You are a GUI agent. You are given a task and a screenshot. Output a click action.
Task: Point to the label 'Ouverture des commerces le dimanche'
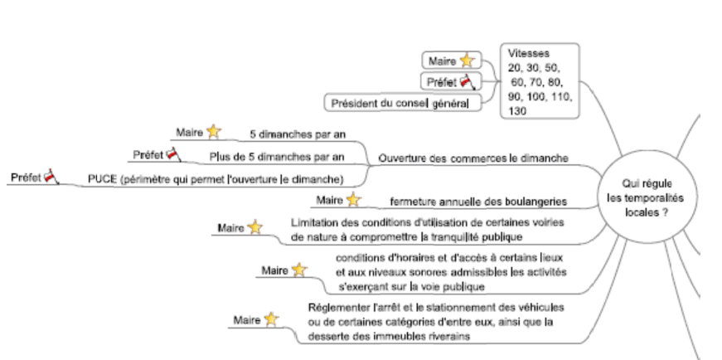click(473, 158)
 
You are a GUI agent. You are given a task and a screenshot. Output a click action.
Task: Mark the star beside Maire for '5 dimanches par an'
click(214, 131)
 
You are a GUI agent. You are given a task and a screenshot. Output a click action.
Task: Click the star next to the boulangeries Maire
click(354, 199)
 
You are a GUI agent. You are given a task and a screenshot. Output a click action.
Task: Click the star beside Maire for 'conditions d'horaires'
click(299, 270)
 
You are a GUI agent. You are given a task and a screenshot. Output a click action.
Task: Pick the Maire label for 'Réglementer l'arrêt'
click(246, 321)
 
